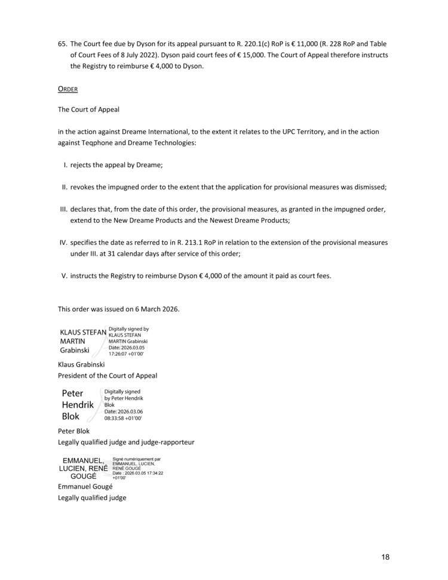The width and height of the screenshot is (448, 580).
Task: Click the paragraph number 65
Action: (x=62, y=44)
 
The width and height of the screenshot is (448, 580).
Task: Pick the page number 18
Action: (x=385, y=557)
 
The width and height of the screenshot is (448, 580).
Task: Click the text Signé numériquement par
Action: (x=136, y=459)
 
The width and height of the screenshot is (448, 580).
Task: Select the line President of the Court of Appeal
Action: (x=107, y=376)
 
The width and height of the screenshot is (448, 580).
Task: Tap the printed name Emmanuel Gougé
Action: (x=85, y=486)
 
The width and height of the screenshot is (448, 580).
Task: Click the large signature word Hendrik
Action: (x=78, y=404)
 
